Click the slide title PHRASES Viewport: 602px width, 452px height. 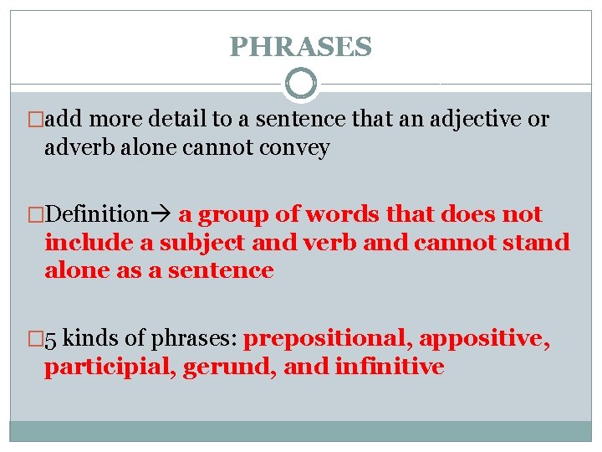300,47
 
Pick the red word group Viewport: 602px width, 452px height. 233,215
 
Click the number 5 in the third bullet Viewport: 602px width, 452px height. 51,339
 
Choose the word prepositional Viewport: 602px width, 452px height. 329,339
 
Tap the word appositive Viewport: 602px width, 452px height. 485,339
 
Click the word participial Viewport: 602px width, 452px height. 99,367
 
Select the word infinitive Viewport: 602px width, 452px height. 389,367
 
